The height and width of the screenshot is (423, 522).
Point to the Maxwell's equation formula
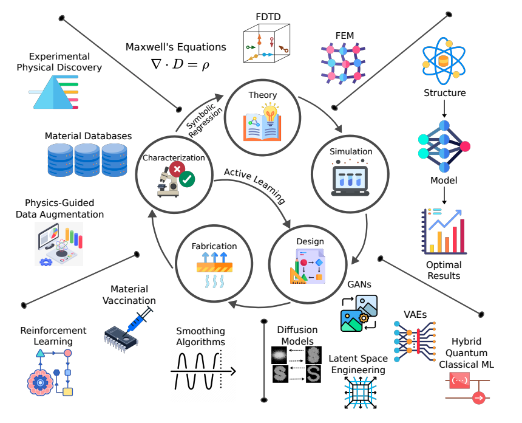click(176, 63)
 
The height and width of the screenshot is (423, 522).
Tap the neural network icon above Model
click(444, 146)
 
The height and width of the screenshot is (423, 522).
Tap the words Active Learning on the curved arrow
click(254, 184)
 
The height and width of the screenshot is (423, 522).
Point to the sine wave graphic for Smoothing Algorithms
click(200, 372)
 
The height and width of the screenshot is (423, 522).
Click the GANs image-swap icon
click(359, 312)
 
